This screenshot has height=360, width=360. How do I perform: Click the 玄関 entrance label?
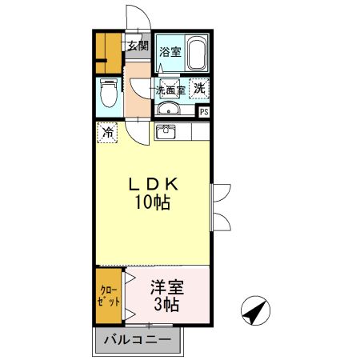(138, 46)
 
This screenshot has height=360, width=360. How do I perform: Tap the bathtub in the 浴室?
(197, 54)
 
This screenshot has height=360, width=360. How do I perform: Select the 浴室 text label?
(170, 52)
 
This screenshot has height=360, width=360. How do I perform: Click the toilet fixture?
(109, 93)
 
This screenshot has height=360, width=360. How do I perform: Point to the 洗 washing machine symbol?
(199, 89)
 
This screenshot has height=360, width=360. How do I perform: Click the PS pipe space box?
(204, 112)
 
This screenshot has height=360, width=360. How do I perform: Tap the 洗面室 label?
(170, 90)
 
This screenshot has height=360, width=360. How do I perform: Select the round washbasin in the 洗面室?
(168, 109)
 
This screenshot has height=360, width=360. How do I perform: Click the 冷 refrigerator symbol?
(107, 133)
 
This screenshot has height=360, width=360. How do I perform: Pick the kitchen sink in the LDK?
(166, 132)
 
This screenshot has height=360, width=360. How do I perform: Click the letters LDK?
(154, 184)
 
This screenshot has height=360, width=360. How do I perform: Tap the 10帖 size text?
(153, 202)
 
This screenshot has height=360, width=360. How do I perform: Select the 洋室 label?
(167, 287)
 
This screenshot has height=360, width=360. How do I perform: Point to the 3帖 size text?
(166, 305)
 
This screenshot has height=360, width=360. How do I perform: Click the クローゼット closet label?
(109, 296)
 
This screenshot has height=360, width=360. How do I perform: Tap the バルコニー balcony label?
(138, 340)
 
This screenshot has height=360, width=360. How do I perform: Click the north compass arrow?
(255, 310)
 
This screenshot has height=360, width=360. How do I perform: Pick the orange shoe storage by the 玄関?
(109, 53)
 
